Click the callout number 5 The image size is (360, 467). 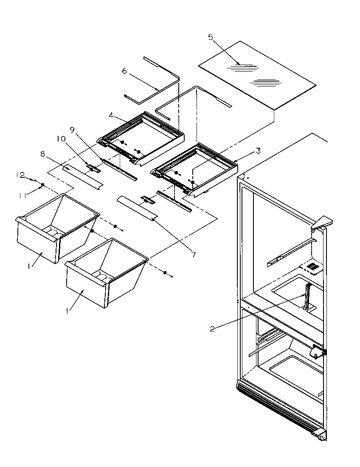211,37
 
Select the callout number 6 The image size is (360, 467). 124,71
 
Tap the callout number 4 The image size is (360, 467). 110,115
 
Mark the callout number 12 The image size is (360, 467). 20,174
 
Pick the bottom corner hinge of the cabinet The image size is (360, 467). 319,434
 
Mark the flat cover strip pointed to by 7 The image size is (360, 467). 137,207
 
